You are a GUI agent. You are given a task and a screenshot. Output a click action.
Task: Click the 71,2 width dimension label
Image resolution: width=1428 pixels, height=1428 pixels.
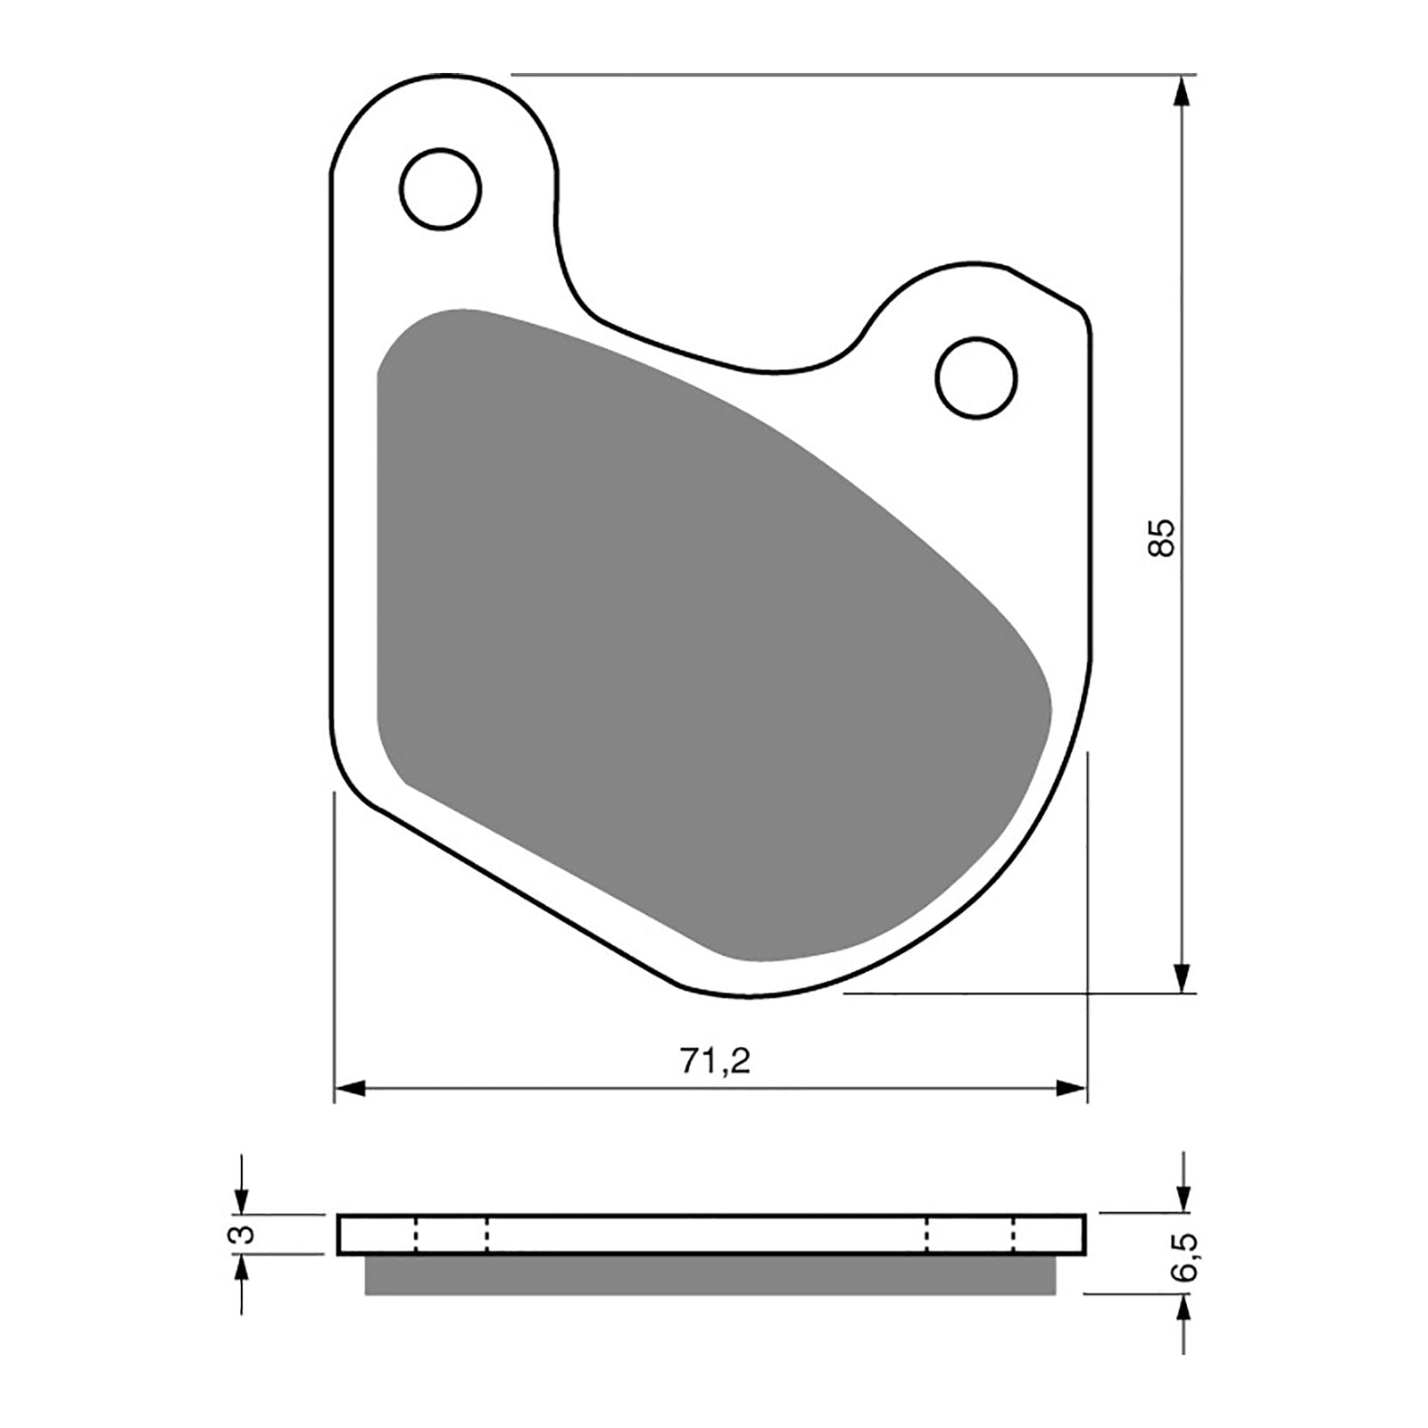715,1062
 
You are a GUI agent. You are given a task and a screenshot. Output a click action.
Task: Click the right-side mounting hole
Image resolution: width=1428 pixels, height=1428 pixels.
976,377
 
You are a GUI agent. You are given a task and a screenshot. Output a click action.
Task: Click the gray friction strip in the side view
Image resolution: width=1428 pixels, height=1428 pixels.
710,1275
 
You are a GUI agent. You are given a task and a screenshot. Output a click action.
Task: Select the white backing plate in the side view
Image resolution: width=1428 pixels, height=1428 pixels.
710,1234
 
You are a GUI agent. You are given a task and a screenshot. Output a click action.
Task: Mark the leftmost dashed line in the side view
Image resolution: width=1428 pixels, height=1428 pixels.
415,1234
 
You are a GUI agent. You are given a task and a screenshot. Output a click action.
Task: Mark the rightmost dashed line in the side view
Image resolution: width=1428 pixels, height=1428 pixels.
1014,1234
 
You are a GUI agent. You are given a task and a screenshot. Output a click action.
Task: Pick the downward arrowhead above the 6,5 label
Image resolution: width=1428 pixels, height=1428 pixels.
1183,1199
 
